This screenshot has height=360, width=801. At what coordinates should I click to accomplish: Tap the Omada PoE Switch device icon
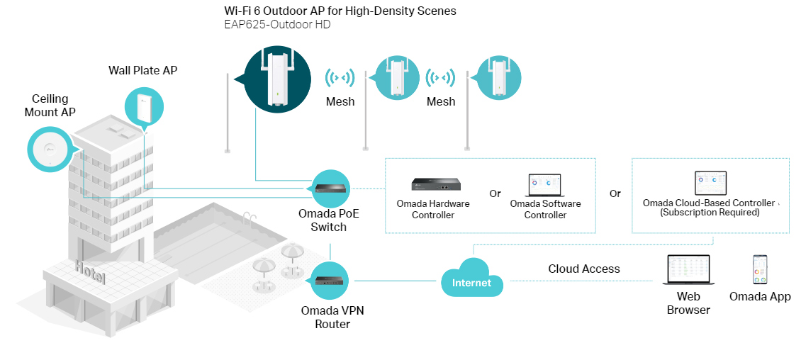330,189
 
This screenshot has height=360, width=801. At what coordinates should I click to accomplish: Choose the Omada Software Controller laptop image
545,185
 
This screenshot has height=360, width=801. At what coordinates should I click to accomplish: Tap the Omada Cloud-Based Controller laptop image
710,184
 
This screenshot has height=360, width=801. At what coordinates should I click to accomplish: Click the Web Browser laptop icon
688,270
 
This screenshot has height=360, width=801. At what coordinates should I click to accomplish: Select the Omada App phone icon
760,270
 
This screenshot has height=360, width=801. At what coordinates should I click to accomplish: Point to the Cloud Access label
584,269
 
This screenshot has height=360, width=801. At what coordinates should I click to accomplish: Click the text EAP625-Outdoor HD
277,25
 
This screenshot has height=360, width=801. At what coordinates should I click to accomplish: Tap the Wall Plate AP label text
142,70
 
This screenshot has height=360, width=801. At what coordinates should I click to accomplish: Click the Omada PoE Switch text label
329,220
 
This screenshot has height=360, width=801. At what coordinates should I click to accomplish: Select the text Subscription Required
710,212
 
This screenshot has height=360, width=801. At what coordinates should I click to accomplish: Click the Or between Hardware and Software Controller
495,193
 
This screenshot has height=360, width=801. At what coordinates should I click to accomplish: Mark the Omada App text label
760,297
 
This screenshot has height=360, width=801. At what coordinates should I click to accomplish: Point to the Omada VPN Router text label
332,317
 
